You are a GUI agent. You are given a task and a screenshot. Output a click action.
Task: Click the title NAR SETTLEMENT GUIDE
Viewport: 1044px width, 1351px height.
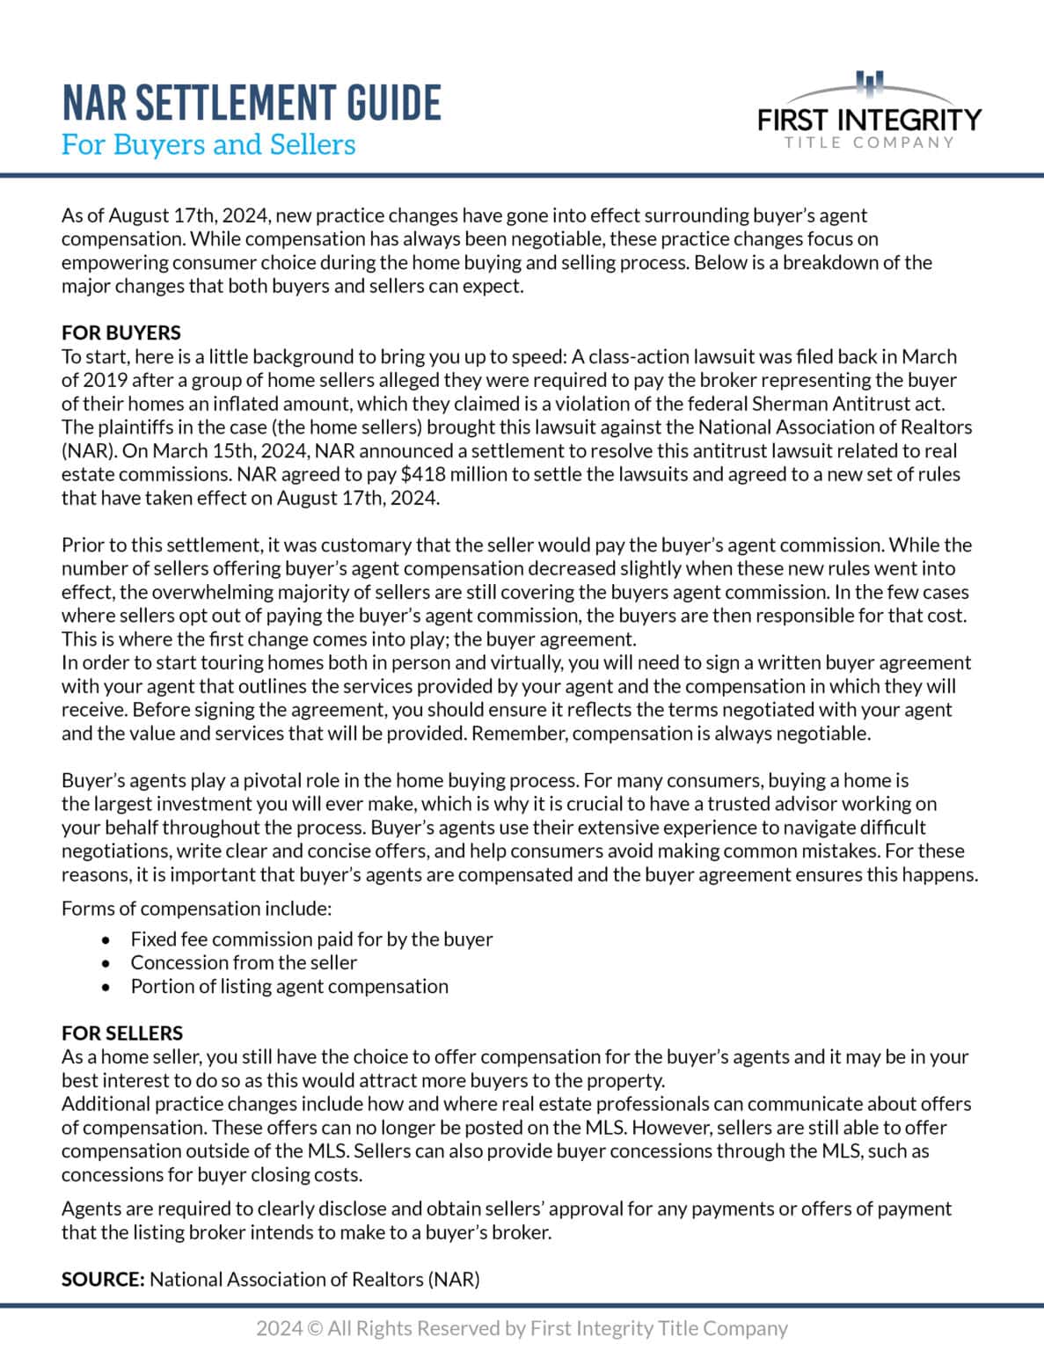pyautogui.click(x=251, y=103)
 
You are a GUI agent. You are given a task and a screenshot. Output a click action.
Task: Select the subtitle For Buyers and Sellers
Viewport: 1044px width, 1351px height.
pyautogui.click(x=208, y=144)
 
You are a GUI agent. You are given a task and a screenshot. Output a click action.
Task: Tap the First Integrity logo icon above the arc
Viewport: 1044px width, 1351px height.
pyautogui.click(x=869, y=84)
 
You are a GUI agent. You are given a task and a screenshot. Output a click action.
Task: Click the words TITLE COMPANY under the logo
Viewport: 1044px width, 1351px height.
pyautogui.click(x=869, y=142)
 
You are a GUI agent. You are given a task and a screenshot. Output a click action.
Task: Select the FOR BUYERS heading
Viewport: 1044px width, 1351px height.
pyautogui.click(x=120, y=332)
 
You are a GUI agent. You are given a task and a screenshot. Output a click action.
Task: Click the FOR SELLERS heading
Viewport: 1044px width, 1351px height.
pyautogui.click(x=121, y=1033)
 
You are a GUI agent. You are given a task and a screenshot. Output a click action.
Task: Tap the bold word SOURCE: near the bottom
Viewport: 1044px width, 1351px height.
pyautogui.click(x=102, y=1279)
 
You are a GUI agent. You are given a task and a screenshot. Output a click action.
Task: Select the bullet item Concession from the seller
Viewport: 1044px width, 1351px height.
pyautogui.click(x=244, y=962)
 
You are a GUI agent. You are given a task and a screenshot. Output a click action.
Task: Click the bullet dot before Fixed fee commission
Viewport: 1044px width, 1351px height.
pyautogui.click(x=106, y=939)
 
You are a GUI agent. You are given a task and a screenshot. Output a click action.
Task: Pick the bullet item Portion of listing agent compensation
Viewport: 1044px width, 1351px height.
pyautogui.click(x=289, y=986)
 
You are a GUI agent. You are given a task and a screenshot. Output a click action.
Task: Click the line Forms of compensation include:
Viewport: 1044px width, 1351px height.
pyautogui.click(x=196, y=908)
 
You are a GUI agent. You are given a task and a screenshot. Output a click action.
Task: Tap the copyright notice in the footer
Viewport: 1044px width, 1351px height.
pyautogui.click(x=522, y=1328)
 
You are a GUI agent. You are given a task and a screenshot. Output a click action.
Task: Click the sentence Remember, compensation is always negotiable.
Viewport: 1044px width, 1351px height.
pyautogui.click(x=671, y=733)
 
